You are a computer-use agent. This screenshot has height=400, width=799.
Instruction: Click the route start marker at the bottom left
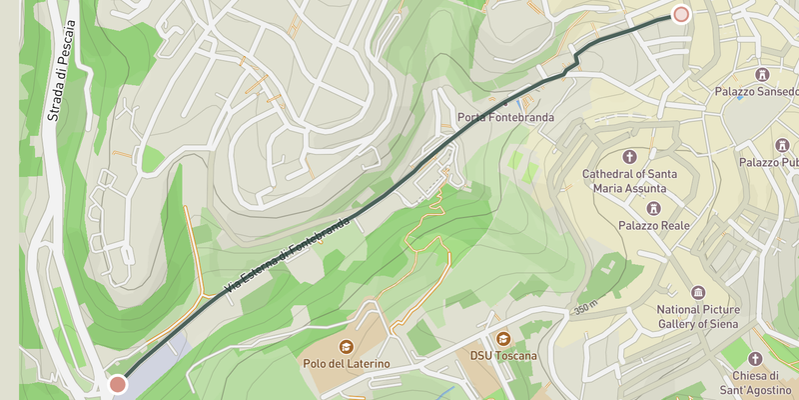[x=118, y=384]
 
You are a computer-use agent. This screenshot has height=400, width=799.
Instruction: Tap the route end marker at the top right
[x=681, y=14]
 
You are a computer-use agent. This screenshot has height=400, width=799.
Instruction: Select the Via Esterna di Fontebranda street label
[x=289, y=254]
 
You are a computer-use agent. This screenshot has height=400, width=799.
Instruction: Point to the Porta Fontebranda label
[x=505, y=118]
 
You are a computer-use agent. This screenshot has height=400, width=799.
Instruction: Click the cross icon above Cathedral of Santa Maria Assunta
[x=629, y=156]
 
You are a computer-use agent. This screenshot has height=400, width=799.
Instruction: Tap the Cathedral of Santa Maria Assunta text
[x=629, y=181]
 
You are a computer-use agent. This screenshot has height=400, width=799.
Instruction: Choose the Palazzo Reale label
[x=655, y=226]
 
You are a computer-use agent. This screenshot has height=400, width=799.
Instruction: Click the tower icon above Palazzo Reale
[x=655, y=208]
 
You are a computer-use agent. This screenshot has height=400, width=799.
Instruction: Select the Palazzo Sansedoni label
[x=755, y=93]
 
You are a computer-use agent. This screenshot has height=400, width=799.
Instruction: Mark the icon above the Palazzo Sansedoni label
[x=763, y=75]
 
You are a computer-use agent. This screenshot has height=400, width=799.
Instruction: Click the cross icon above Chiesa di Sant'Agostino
[x=757, y=358]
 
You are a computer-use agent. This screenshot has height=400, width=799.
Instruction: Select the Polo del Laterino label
[x=346, y=363]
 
